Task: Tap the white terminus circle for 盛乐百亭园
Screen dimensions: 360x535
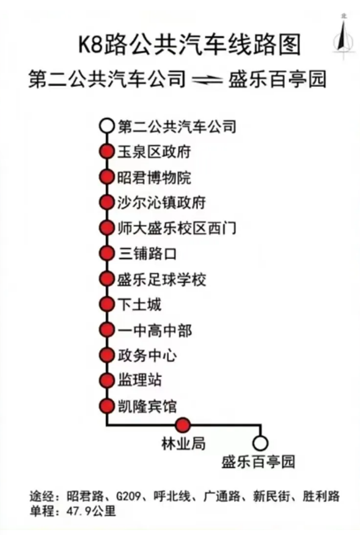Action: (260, 443)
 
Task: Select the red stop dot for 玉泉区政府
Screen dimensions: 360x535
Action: (106, 151)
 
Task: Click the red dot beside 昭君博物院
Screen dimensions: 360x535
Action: (106, 177)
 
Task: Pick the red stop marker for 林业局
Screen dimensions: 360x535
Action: (183, 425)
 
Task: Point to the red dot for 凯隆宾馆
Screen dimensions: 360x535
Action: (106, 406)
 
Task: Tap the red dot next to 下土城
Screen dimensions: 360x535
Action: (106, 304)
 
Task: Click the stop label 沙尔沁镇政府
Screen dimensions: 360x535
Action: (162, 202)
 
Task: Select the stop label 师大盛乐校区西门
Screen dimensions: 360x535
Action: (177, 228)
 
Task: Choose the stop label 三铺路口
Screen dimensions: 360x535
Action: (147, 254)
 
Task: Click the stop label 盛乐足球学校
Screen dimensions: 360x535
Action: (162, 279)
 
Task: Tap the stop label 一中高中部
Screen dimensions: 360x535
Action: (155, 330)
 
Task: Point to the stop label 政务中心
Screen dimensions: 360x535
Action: (147, 355)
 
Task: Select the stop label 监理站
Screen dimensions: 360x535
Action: (139, 380)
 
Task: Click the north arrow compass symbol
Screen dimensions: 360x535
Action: (343, 37)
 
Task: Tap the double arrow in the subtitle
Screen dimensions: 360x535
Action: (207, 80)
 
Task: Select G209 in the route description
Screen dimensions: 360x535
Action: (128, 496)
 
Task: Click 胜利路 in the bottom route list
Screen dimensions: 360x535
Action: (321, 496)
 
